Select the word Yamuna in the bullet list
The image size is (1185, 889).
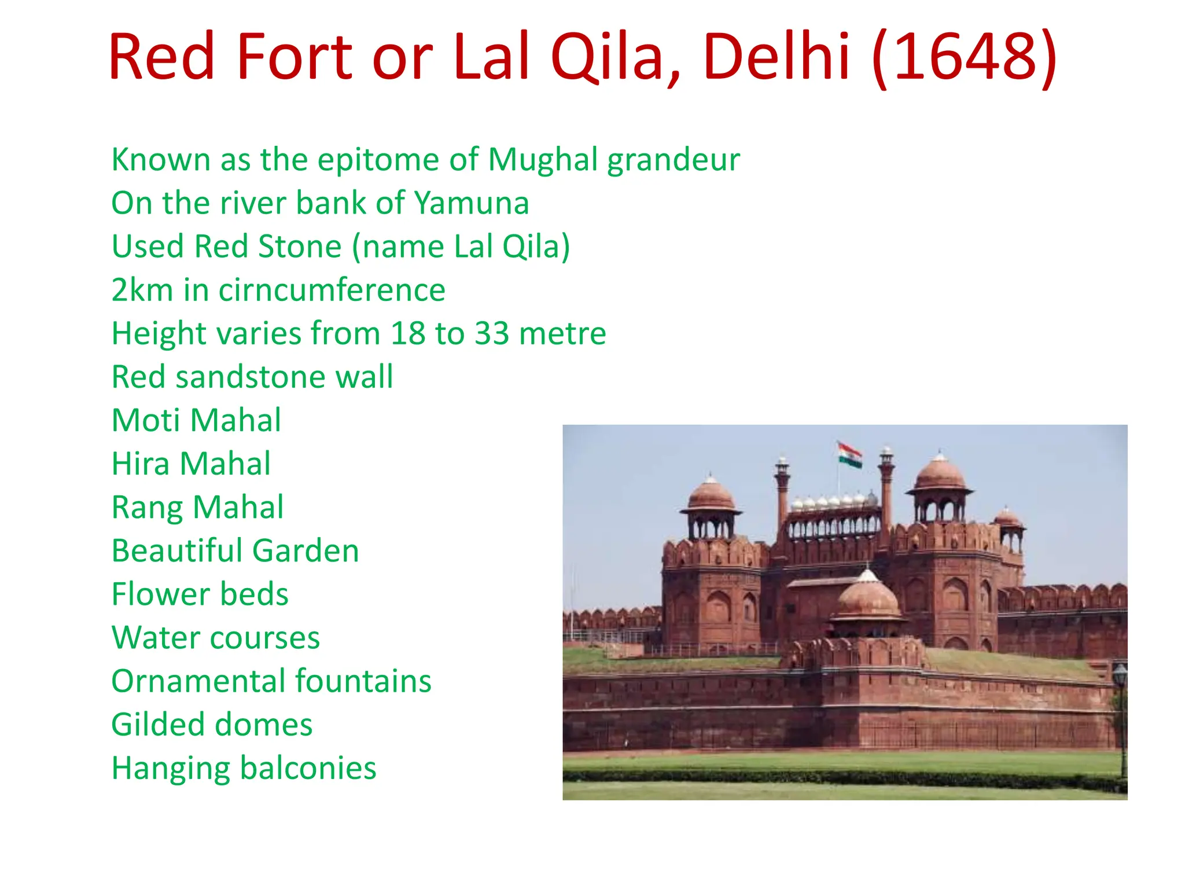coord(472,203)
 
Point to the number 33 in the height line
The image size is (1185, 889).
coord(491,333)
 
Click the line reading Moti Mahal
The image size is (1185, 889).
coord(196,420)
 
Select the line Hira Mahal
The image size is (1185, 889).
coord(191,464)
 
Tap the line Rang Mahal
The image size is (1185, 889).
coord(197,508)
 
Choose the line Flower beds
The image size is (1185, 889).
coord(200,594)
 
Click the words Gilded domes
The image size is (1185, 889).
coord(212,725)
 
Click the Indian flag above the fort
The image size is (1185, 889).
coord(849,454)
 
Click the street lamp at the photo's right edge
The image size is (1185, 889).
coord(1120,677)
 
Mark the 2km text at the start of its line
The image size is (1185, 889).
coord(142,290)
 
